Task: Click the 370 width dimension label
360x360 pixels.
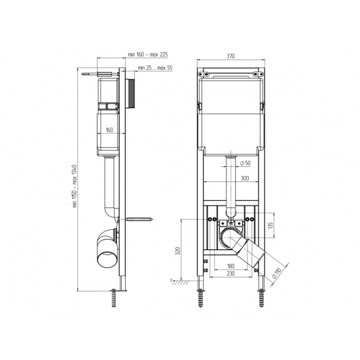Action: tap(230, 56)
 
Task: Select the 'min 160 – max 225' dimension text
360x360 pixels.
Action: tap(148, 54)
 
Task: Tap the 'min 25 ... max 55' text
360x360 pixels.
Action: tap(155, 67)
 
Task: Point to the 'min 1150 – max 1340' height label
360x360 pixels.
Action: tap(75, 186)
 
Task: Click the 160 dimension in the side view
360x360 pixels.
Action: tap(109, 130)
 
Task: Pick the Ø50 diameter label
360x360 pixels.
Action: tap(245, 163)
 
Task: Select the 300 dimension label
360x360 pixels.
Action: tap(245, 178)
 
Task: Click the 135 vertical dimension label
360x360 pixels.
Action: tap(271, 225)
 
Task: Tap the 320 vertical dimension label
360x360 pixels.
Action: tap(177, 251)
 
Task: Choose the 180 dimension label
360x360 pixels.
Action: tap(230, 266)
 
